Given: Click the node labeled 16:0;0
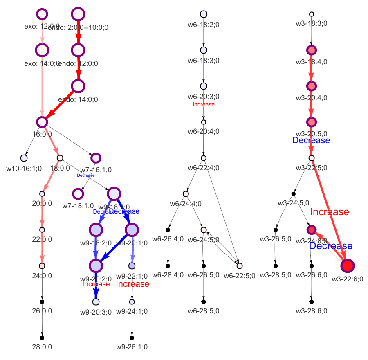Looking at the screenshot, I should (42, 122).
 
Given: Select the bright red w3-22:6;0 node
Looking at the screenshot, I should (348, 265).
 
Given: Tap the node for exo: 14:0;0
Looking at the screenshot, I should (42, 50).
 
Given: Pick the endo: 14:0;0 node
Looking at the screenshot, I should (78, 86).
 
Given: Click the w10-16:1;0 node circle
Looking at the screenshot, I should (24, 158).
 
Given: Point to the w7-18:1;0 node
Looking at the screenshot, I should (78, 193).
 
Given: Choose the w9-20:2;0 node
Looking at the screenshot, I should (96, 265).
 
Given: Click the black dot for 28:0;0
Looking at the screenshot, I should (42, 338).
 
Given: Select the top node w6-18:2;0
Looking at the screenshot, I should (204, 14).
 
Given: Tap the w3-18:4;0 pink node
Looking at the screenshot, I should (312, 50).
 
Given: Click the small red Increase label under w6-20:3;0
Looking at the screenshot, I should (204, 105).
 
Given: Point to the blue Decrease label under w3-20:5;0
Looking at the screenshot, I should (311, 140).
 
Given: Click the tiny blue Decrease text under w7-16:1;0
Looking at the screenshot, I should (86, 175).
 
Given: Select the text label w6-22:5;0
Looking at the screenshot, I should (240, 275).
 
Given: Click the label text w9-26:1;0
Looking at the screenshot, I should (132, 347).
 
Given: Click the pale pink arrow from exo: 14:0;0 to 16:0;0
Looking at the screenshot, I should (42, 86).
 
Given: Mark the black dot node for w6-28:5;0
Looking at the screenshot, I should (204, 301).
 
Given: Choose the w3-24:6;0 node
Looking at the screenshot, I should (312, 229).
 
